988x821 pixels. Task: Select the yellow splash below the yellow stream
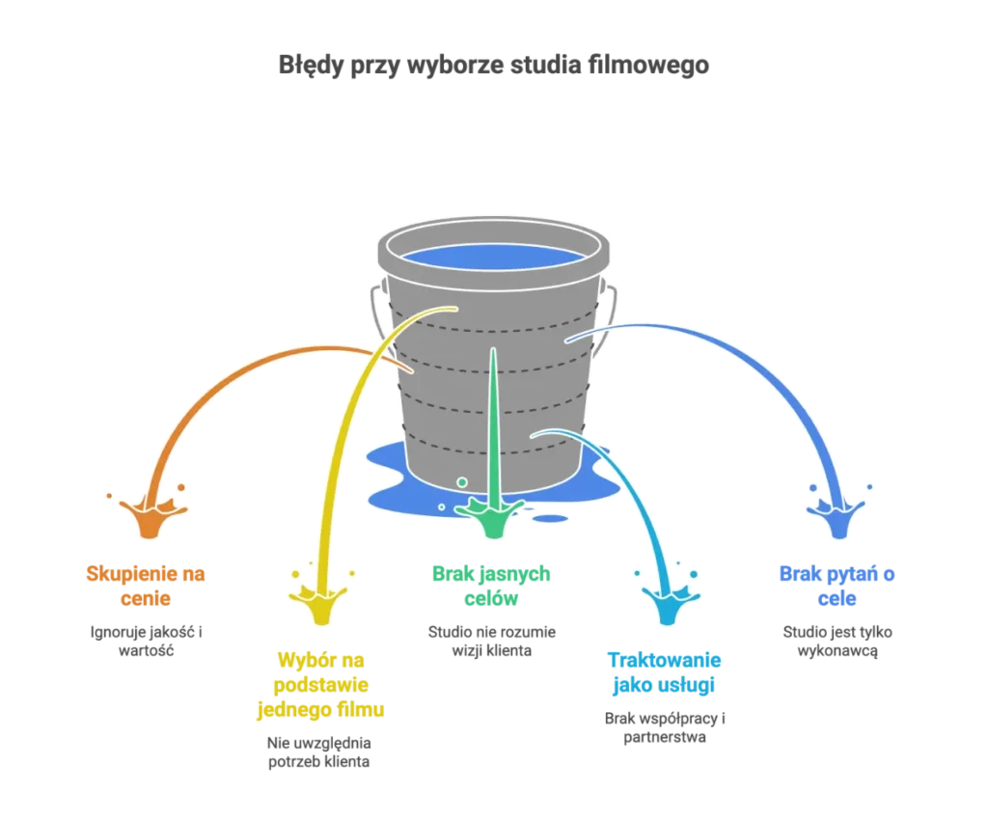[x=317, y=602]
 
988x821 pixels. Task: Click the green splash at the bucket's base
[x=492, y=515]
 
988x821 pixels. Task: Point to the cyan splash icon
[x=664, y=603]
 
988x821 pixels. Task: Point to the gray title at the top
[x=493, y=65]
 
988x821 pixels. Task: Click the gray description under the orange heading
[x=147, y=643]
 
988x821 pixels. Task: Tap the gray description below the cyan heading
[x=664, y=728]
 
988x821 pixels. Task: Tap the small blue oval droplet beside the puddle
[x=549, y=518]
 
